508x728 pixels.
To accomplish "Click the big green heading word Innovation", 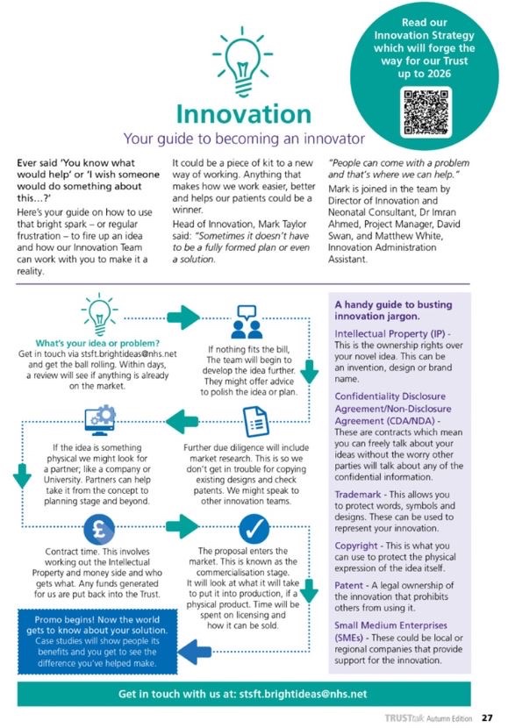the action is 242,113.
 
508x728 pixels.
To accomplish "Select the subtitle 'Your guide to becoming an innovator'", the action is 243,138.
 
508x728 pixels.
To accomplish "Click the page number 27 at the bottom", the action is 488,717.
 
